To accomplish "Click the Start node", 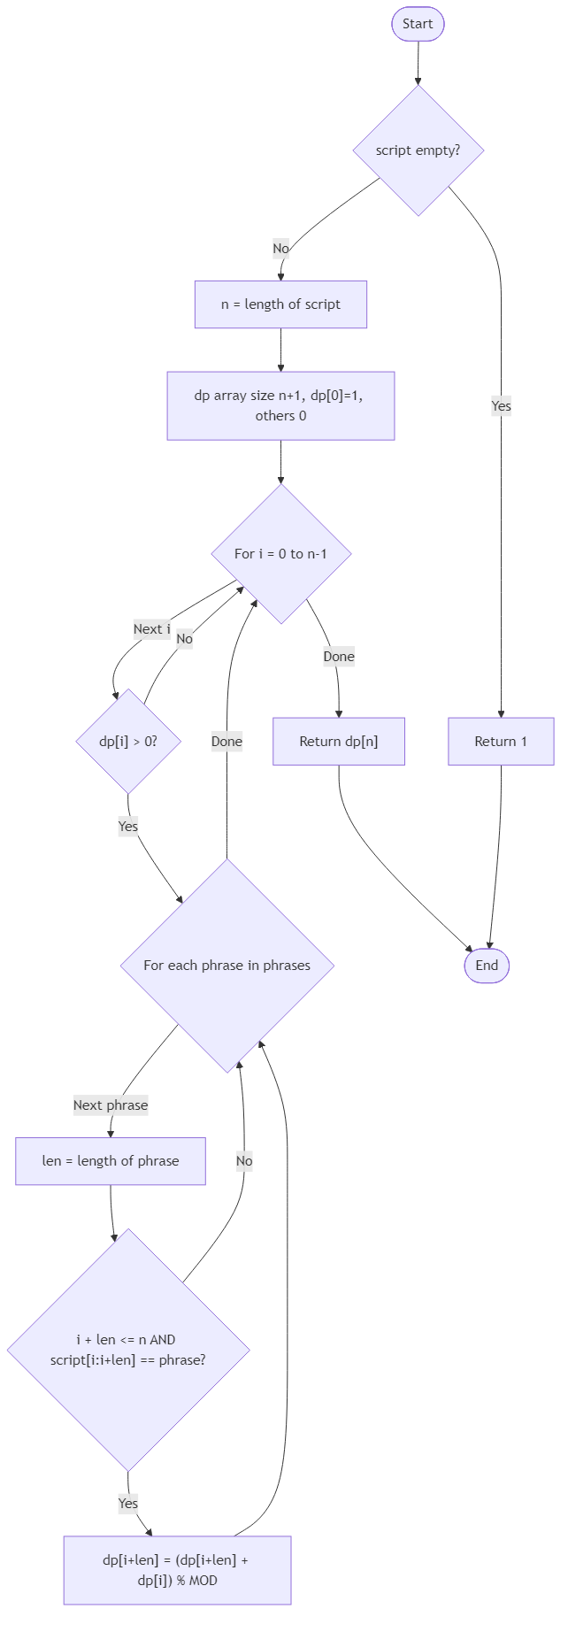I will click(418, 24).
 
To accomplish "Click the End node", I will click(487, 966).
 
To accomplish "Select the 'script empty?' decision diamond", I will click(418, 150).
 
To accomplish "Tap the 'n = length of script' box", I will click(280, 304).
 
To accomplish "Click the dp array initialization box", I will click(280, 405).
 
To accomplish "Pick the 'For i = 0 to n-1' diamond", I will click(280, 554).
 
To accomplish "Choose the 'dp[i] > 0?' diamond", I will click(128, 742).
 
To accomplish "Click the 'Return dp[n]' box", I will click(339, 742).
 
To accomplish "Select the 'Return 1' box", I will click(501, 742).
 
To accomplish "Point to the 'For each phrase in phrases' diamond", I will click(227, 966).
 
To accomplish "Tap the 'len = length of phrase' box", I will click(111, 1161).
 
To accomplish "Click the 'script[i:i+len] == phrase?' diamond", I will click(128, 1350).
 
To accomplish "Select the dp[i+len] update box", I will click(177, 1570).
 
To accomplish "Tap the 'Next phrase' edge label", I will click(111, 1105).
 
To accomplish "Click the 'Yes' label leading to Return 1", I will click(501, 406).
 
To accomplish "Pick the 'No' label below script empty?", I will click(280, 249).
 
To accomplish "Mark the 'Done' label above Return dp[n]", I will click(339, 657).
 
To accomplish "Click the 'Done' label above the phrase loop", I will click(226, 742).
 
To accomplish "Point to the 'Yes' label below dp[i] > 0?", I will click(128, 827).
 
